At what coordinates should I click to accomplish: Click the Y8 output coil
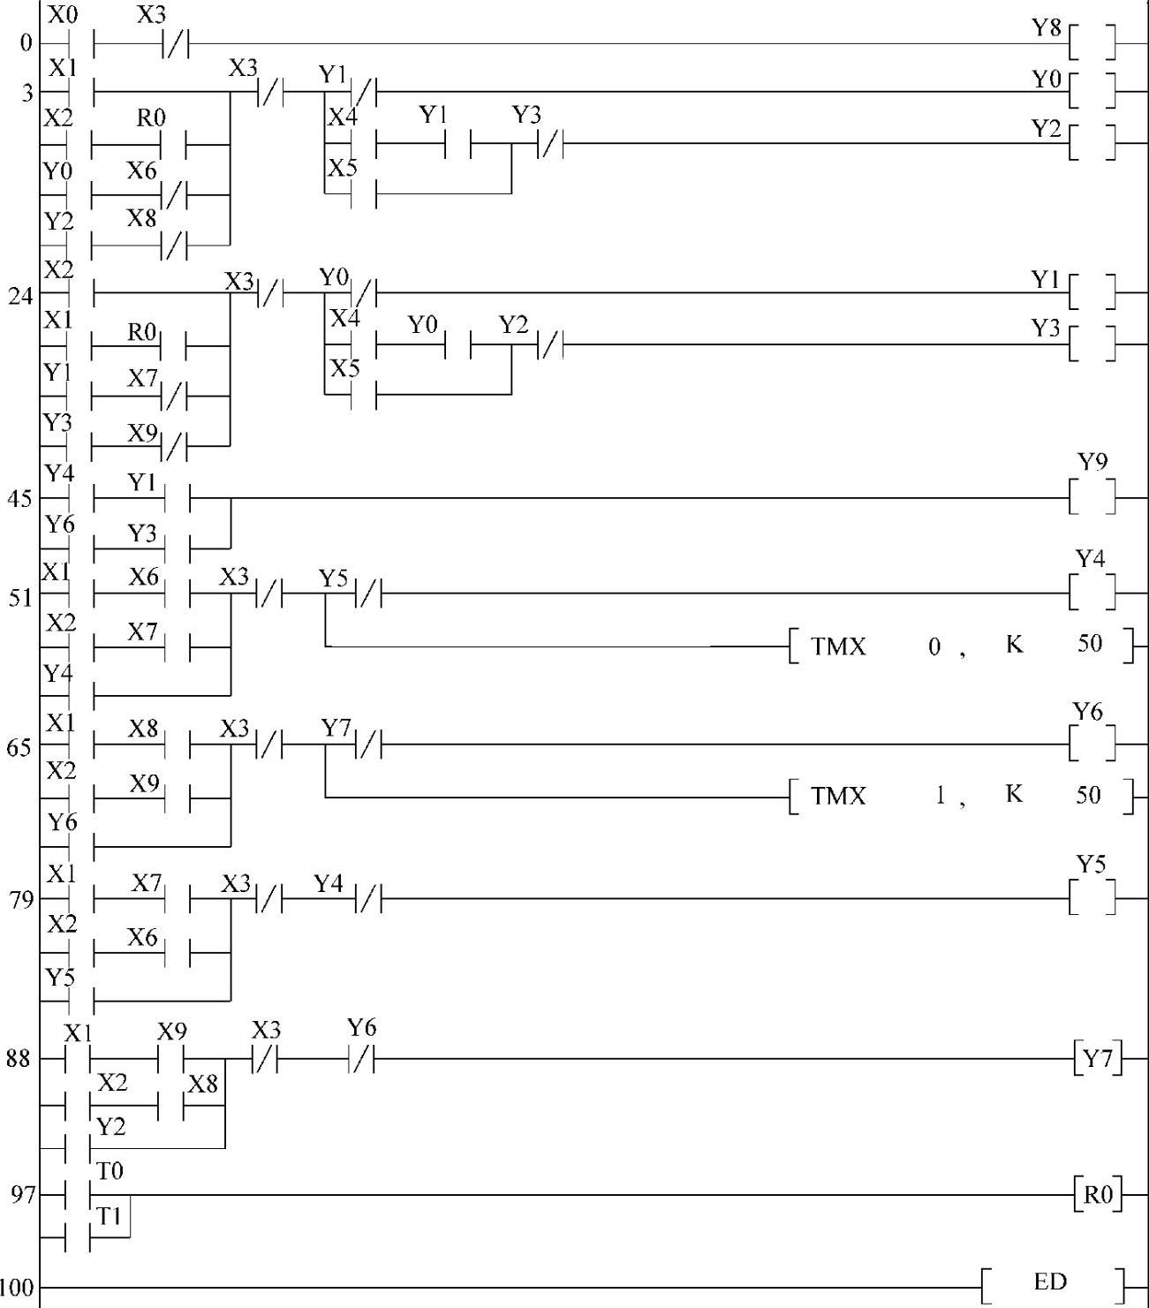tap(1092, 42)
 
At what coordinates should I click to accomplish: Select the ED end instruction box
tap(1052, 1281)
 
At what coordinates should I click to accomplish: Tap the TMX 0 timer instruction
tap(959, 646)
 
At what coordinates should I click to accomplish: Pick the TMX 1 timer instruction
tap(959, 796)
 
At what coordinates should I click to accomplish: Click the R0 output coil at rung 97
tap(1098, 1195)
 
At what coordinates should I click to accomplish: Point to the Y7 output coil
tap(1098, 1058)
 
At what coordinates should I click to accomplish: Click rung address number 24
tap(20, 296)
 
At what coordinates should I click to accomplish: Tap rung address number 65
tap(20, 747)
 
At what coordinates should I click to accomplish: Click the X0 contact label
tap(62, 15)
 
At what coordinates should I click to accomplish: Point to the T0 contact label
tap(110, 1171)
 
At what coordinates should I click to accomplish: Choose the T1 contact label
tap(110, 1216)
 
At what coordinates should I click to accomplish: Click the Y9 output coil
tap(1092, 497)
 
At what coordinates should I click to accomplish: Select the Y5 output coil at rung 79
tap(1092, 898)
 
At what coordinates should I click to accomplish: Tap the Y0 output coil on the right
tap(1092, 90)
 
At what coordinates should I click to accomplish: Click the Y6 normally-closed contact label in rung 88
tap(361, 1027)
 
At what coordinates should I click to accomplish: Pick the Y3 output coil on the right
tap(1092, 344)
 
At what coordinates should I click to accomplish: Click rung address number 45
tap(20, 499)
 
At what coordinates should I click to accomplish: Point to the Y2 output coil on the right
tap(1092, 141)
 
